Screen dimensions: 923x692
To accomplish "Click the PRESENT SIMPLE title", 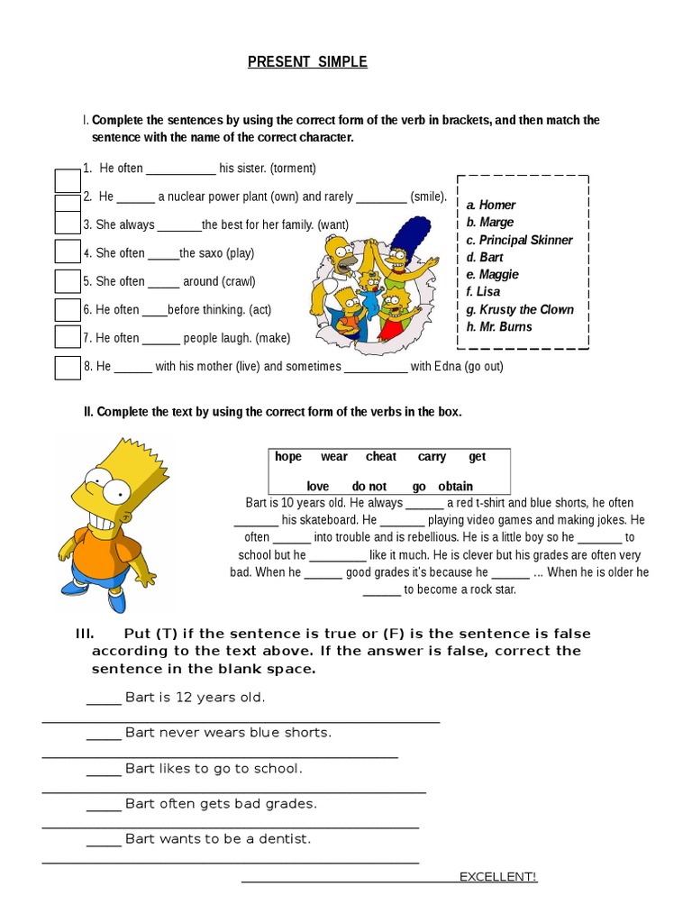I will [x=307, y=62].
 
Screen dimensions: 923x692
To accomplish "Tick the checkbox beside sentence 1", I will [x=68, y=180].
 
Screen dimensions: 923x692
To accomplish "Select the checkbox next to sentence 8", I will [x=68, y=368].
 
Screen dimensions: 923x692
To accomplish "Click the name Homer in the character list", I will [x=496, y=205].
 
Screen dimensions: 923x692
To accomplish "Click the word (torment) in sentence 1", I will [x=293, y=169].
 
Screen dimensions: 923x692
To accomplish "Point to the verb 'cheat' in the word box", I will [x=380, y=457].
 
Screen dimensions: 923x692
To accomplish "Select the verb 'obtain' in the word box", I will [x=455, y=487].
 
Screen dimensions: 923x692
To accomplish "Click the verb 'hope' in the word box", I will [x=288, y=457].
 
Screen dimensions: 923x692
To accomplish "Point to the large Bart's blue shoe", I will [x=76, y=587].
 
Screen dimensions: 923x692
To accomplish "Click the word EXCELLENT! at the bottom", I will [x=497, y=877].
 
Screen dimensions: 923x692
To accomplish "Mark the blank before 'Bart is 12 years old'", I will [x=104, y=699].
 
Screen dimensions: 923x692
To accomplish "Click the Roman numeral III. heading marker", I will [x=85, y=634].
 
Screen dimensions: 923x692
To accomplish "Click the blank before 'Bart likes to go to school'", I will [x=104, y=770].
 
